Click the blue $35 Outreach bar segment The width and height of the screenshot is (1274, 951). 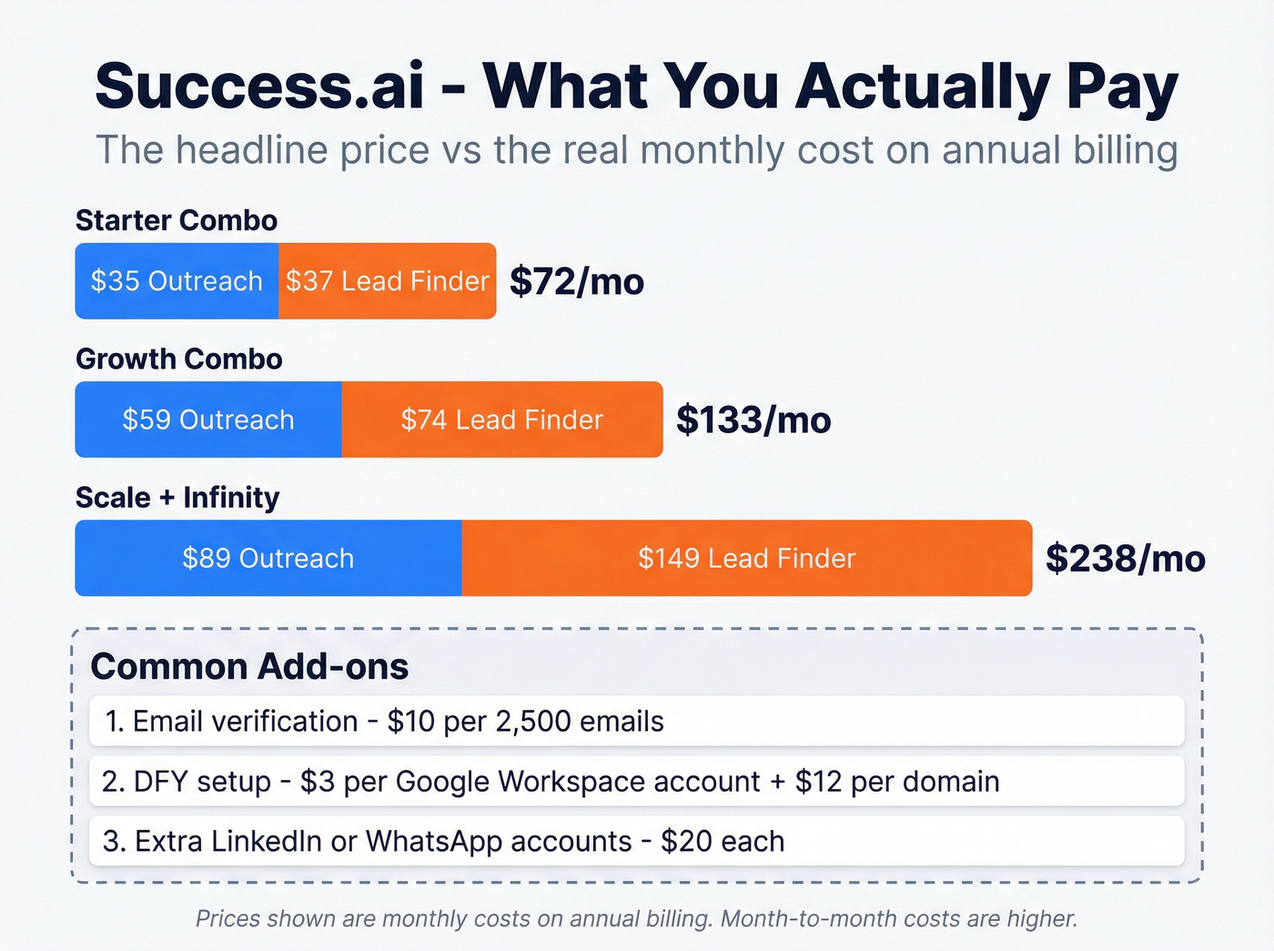(177, 281)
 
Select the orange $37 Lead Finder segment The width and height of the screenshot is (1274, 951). (388, 281)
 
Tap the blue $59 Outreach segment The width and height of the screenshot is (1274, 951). (208, 420)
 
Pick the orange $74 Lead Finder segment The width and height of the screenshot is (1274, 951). (502, 420)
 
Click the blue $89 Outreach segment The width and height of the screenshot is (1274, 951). (268, 558)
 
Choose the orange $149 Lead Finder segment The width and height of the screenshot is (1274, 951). (747, 558)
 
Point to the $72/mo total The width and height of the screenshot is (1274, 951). (577, 281)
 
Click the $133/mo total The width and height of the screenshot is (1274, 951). (753, 420)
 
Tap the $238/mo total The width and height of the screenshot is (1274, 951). (1126, 558)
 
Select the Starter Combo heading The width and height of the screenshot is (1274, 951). (177, 220)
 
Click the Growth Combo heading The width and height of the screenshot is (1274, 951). (179, 359)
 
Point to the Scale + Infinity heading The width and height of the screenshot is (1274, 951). (177, 498)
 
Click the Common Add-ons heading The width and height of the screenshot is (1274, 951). (249, 666)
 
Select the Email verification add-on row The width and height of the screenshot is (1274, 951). (637, 721)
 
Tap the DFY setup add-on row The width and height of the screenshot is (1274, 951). (637, 781)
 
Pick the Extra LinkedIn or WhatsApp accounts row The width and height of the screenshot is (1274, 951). (637, 841)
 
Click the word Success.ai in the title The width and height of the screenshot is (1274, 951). (260, 86)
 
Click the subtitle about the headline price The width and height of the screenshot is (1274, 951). (637, 150)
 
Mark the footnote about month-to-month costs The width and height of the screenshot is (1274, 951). (637, 918)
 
